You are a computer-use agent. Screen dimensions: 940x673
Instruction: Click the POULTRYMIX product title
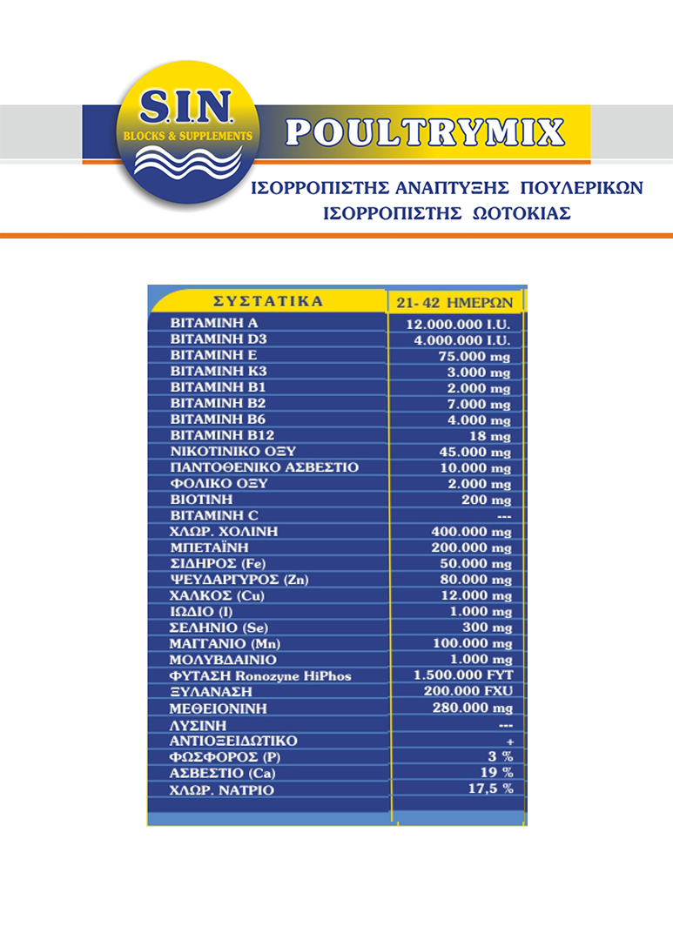pyautogui.click(x=426, y=131)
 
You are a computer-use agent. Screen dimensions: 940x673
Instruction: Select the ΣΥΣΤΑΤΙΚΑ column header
pyautogui.click(x=268, y=301)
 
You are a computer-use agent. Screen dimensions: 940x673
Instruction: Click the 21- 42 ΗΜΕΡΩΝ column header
pyautogui.click(x=456, y=302)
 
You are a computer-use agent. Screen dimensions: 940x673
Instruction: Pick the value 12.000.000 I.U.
pyautogui.click(x=458, y=325)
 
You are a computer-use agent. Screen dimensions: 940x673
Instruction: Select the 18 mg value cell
pyautogui.click(x=488, y=436)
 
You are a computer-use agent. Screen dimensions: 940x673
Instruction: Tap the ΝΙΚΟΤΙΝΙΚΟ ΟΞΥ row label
pyautogui.click(x=233, y=451)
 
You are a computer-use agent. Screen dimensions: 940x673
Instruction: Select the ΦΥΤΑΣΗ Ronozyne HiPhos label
pyautogui.click(x=260, y=675)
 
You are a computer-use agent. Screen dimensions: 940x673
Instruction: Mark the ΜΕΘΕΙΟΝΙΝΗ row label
pyautogui.click(x=218, y=708)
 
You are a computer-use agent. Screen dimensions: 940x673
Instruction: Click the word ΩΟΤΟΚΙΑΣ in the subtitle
pyautogui.click(x=510, y=214)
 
